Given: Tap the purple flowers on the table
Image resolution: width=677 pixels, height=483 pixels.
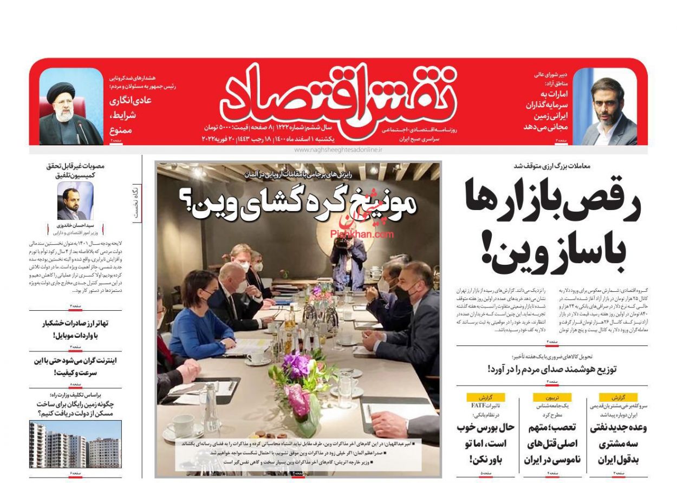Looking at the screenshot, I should click(x=296, y=364).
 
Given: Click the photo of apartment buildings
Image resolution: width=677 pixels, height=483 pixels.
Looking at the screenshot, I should click(x=75, y=445).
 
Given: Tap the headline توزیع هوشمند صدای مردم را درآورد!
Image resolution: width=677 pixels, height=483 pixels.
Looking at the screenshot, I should click(x=551, y=369).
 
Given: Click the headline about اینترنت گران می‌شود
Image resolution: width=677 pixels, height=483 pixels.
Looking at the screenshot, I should click(x=76, y=367).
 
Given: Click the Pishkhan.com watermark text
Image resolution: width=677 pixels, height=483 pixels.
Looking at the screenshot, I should click(x=362, y=234).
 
